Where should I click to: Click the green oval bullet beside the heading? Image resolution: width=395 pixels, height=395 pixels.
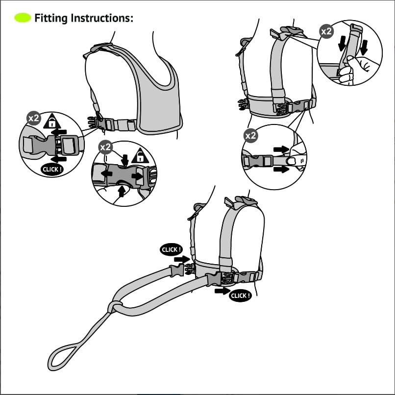(23, 19)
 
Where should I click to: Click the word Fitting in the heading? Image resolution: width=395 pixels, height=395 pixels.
(51, 19)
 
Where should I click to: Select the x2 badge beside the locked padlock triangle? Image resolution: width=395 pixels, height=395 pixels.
(33, 119)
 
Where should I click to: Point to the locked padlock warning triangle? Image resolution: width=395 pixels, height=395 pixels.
(52, 121)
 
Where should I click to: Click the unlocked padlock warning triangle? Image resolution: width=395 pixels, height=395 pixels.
(140, 156)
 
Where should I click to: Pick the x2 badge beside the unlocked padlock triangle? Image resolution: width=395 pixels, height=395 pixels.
(105, 147)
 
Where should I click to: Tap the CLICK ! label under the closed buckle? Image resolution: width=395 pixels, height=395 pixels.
(52, 170)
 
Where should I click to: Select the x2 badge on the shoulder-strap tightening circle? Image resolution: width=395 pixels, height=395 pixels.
(326, 31)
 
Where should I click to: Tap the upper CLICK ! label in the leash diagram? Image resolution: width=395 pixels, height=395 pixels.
(171, 249)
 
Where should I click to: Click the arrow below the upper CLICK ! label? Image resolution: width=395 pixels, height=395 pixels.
(182, 259)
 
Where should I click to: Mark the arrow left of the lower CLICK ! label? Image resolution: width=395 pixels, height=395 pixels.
(222, 291)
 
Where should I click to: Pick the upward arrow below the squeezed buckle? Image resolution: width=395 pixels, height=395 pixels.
(121, 192)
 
